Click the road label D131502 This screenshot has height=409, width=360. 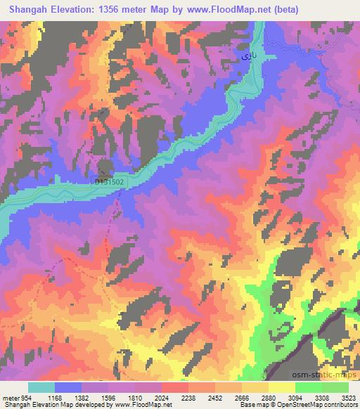click(x=109, y=181)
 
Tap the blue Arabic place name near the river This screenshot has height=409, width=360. click(x=243, y=54)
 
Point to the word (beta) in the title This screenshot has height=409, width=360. click(x=283, y=10)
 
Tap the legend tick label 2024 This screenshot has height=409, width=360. click(x=162, y=398)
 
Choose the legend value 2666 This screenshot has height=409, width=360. click(x=241, y=398)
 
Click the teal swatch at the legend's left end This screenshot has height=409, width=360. click(x=41, y=387)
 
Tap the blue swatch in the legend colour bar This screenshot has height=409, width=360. click(x=68, y=387)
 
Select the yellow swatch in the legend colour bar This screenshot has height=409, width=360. click(x=281, y=387)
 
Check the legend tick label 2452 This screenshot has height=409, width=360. click(x=214, y=398)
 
